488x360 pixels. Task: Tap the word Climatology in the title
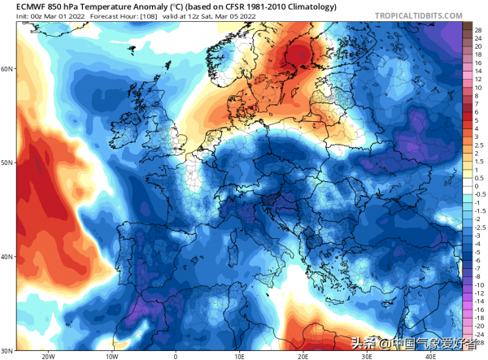click(x=288, y=7)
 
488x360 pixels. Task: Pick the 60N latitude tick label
click(x=7, y=69)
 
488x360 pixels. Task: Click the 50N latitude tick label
click(x=7, y=163)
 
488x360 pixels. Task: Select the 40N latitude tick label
click(x=7, y=257)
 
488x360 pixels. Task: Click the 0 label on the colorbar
click(x=477, y=186)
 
